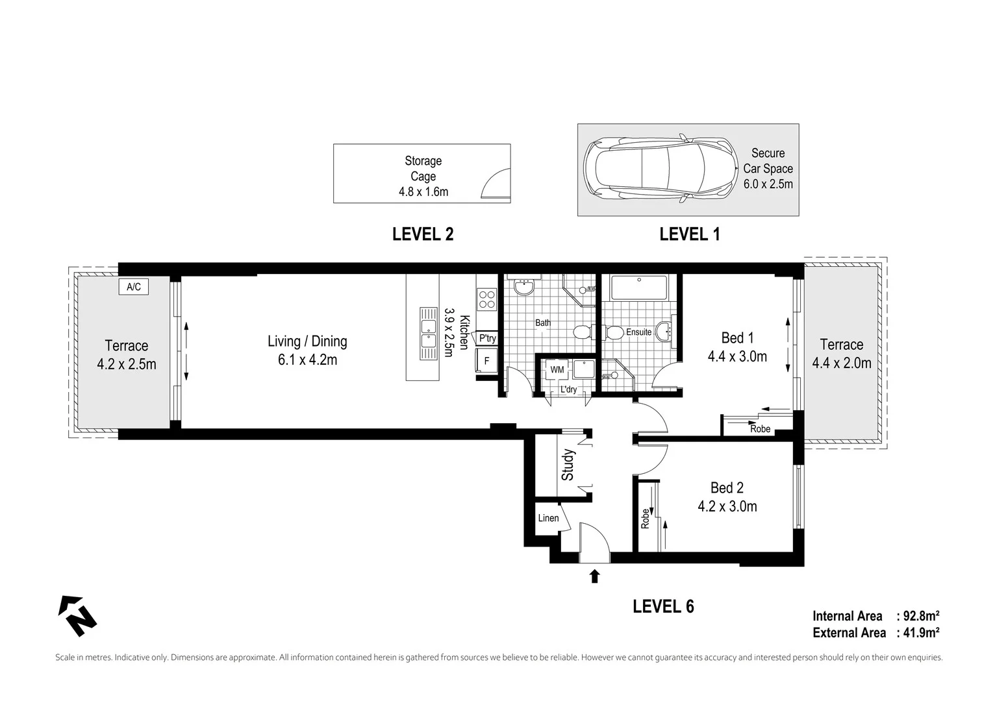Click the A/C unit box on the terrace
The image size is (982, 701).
coord(133,287)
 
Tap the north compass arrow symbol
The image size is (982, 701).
coord(78,615)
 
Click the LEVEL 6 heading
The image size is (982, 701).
coord(663,606)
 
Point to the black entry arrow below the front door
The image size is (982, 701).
coord(594,576)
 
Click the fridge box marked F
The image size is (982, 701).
coord(486,361)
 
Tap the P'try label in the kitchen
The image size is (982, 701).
coord(487,338)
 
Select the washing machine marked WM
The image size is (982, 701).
coord(557,369)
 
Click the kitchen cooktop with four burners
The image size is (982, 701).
coord(486,299)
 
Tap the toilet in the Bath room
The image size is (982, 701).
coord(581,332)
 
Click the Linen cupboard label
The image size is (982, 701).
coord(548,518)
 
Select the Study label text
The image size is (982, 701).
coord(568,465)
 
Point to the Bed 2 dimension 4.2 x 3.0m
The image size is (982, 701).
coord(727,506)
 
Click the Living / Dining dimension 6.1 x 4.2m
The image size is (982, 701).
coord(307,360)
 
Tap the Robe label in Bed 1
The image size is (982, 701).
coord(760,429)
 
